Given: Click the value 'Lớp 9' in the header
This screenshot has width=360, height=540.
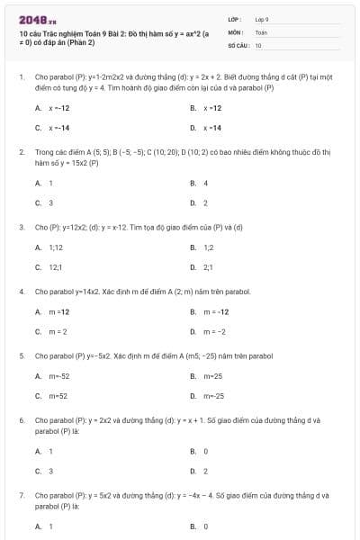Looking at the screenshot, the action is point(263,19).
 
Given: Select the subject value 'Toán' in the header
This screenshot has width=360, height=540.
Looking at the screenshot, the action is point(261,31).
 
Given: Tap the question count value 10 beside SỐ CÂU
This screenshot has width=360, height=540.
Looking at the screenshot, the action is point(258,44).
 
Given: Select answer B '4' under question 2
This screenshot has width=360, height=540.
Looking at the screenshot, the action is point(206,183).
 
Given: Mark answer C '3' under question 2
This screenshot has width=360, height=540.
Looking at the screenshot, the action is point(50,202).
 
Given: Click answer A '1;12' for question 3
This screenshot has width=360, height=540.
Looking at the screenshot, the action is point(56,247).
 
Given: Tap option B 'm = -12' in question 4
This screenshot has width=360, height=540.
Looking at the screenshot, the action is point(216,311).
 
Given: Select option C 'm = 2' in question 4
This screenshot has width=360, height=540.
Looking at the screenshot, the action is point(58,331).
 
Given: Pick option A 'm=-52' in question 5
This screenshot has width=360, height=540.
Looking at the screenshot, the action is point(58,375).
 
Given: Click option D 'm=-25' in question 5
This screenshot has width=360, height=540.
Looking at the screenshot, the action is point(213,396).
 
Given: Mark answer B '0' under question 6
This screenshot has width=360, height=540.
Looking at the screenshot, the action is point(206,451).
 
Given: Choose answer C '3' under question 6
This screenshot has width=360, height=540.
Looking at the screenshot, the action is point(50,471).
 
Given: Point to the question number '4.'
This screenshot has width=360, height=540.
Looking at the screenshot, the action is point(21,292).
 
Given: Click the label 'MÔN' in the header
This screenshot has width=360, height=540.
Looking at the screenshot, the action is point(235,31).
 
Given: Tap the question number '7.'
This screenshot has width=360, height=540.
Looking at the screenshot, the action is point(21,496).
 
